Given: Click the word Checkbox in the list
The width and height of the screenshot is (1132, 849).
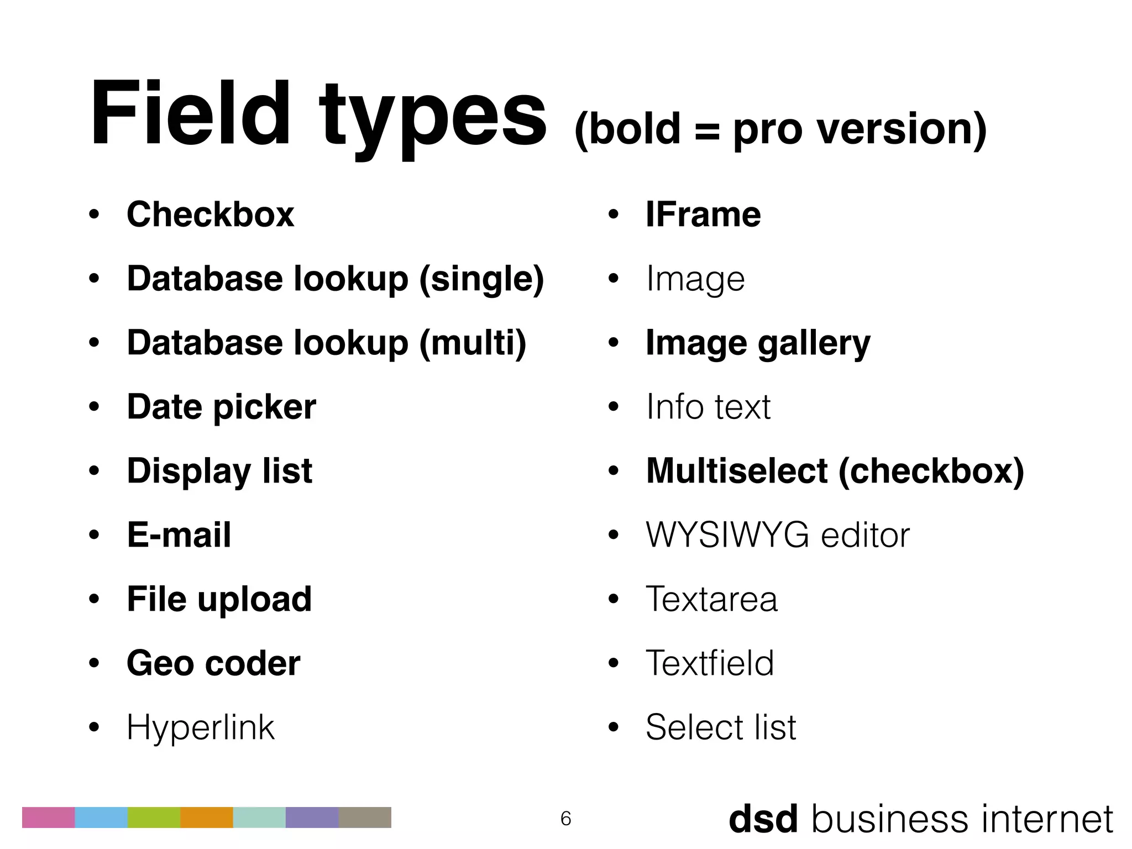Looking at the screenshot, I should (210, 214).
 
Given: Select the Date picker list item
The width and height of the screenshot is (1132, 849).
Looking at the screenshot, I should (221, 407).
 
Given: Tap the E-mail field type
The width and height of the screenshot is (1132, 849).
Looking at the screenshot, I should (179, 535).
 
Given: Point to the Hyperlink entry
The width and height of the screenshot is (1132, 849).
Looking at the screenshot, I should (200, 727).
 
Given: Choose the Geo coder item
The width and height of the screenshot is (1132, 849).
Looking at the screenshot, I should (213, 663).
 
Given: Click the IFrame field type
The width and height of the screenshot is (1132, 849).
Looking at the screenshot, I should (703, 214).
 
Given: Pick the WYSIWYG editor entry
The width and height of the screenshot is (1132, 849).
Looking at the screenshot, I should (777, 535).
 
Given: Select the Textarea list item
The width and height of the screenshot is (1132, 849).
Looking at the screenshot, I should (711, 599).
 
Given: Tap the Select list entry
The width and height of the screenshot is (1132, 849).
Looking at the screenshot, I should (721, 727).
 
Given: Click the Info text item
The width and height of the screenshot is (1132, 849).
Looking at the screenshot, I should (708, 407).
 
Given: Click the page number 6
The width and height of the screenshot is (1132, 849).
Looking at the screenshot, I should (565, 818).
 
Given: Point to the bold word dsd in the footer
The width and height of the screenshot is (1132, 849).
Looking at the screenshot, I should (763, 819).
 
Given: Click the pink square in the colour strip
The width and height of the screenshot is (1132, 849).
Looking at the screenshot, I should (48, 817).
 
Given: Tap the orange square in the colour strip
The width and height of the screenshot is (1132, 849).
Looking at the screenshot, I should (207, 817).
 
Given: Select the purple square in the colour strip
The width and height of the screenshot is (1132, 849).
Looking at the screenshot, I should (312, 817).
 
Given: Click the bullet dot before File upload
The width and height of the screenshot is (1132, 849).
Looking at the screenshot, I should (94, 599).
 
